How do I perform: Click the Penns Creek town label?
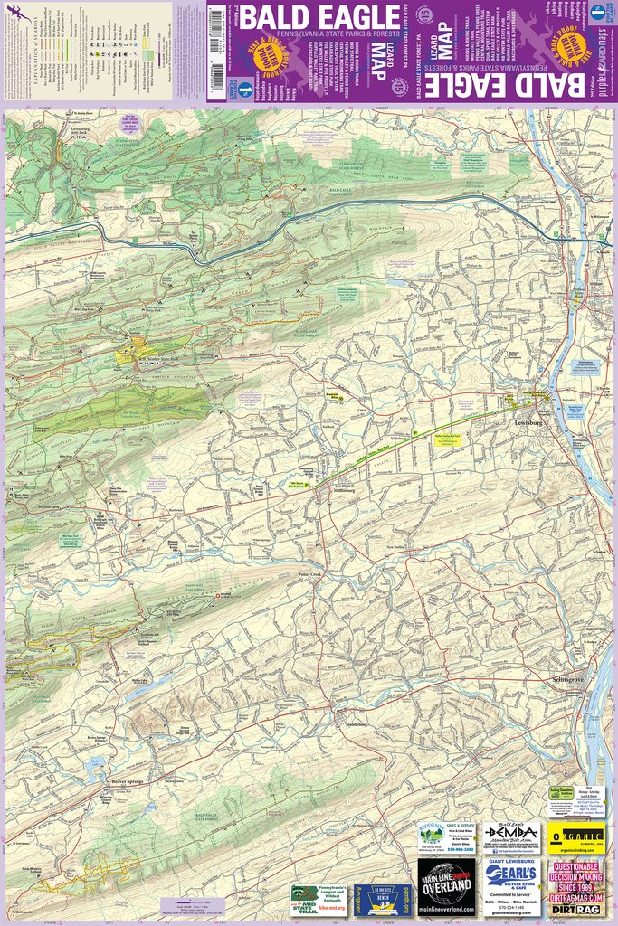311,575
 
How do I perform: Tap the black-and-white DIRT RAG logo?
576,910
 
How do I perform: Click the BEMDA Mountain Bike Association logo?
511,836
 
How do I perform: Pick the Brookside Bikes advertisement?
447,836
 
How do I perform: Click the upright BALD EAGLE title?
304,18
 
